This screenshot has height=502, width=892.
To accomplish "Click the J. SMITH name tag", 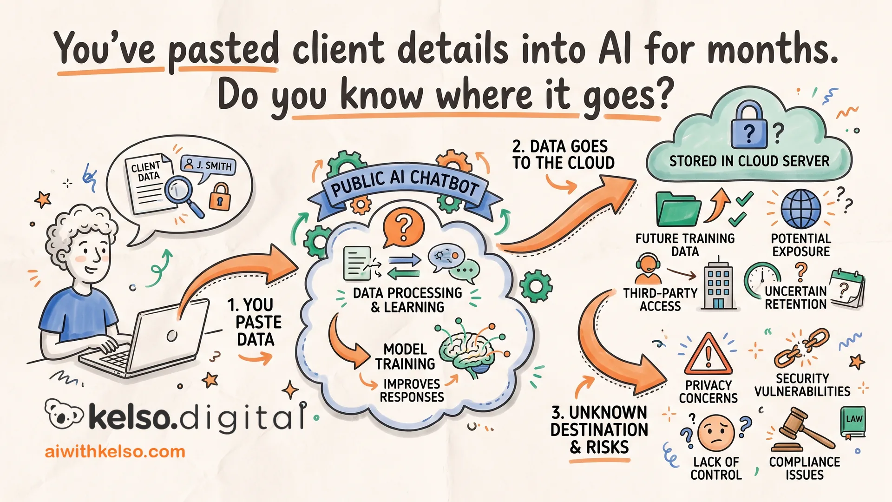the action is coord(208,165).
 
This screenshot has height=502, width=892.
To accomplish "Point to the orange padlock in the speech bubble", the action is coord(219,196).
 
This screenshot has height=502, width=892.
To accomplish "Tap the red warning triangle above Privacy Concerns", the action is coord(708,354).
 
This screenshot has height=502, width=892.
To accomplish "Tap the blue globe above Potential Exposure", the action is coord(801,209).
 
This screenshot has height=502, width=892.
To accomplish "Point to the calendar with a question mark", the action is coord(846,289).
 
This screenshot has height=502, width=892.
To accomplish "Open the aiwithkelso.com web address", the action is coord(115,452).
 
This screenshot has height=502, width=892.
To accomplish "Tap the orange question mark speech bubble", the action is coord(403,229).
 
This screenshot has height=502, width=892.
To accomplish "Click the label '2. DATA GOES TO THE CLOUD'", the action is coord(564,154).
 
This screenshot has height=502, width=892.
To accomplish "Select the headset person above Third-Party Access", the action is coord(648,269).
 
